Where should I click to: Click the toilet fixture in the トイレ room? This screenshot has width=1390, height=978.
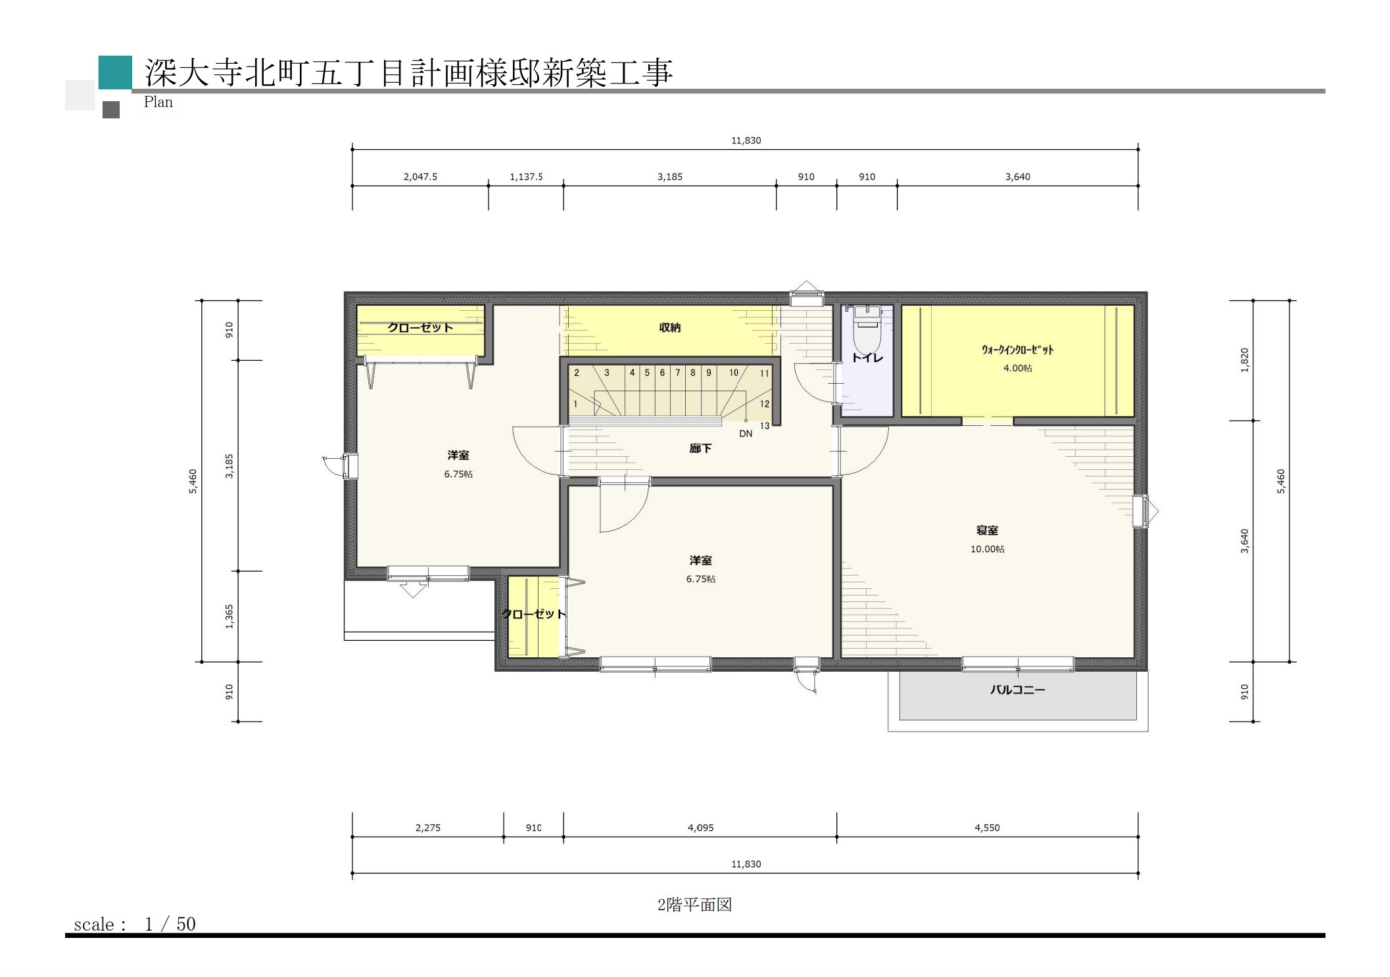point(866,329)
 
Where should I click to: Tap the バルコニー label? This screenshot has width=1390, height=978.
point(1017,689)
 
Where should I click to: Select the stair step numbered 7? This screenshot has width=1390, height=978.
point(678,373)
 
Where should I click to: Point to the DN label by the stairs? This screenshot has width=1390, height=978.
point(746,434)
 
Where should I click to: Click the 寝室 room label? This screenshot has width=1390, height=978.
point(987,530)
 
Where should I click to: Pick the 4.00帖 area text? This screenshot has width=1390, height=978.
point(1017,368)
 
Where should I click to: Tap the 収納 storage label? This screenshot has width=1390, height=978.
point(669,327)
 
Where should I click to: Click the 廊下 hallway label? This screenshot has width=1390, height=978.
point(700,448)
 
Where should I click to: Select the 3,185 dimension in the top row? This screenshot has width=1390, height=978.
point(670,177)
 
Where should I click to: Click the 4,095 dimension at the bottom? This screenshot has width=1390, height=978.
point(700,827)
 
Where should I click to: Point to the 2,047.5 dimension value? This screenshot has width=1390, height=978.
point(420,177)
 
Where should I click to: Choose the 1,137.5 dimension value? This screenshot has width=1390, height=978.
point(526,177)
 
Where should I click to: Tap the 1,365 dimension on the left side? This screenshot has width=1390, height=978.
point(229,617)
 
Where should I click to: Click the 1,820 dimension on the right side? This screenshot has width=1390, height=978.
point(1244,360)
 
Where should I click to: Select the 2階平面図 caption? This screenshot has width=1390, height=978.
point(694,904)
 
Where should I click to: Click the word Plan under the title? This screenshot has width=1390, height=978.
point(158,102)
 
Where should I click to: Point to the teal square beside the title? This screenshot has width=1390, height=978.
point(115,72)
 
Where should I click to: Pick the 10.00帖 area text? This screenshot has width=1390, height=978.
point(987,549)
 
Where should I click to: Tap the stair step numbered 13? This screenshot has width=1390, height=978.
point(765,426)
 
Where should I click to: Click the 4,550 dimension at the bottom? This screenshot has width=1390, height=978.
point(987,827)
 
